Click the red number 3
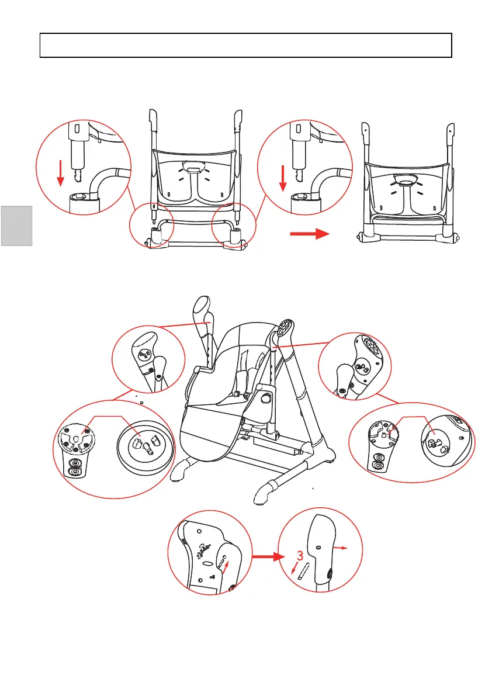(x=300, y=555)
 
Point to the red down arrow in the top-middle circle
(x=282, y=177)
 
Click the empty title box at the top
(x=246, y=45)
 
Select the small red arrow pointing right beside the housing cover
(x=343, y=548)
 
